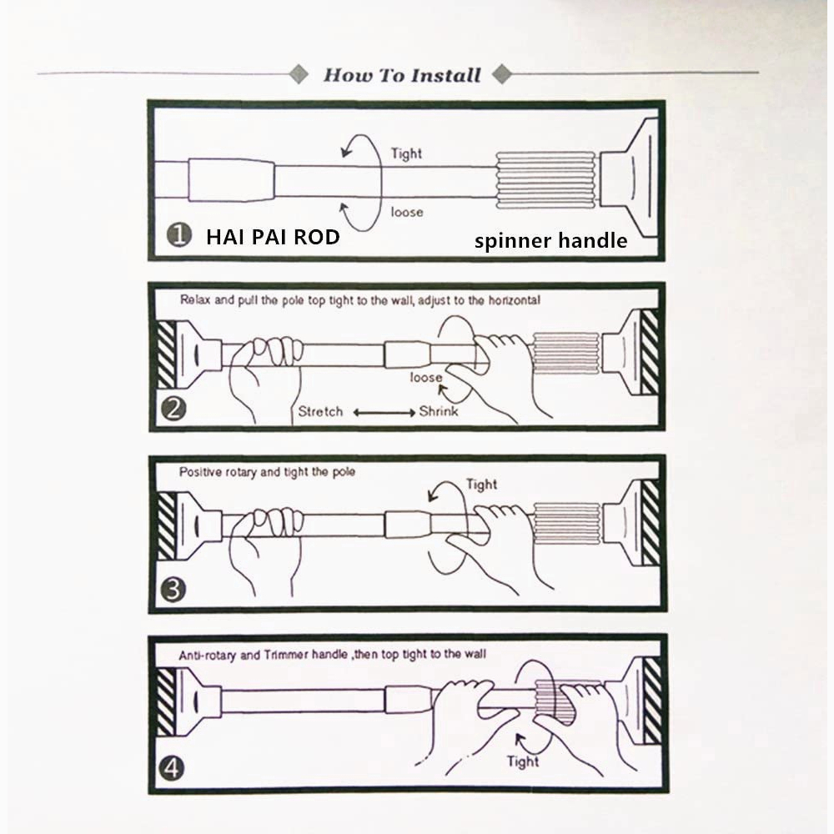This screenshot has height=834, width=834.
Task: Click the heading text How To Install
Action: click(402, 75)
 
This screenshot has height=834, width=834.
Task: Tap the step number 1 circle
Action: click(179, 234)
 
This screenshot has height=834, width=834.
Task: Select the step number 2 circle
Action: click(173, 409)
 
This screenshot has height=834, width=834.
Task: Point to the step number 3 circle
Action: click(173, 590)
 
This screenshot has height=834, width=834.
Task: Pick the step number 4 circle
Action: click(171, 769)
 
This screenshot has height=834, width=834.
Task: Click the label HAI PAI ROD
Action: click(273, 237)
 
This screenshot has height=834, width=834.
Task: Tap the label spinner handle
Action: click(550, 241)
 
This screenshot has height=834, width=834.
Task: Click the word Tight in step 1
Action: click(406, 153)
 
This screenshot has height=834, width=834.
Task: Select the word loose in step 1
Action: click(407, 212)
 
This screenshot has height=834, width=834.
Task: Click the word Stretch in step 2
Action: click(320, 412)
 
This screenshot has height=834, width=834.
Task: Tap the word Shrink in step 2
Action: click(439, 411)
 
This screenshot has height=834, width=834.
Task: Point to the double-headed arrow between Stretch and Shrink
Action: click(384, 413)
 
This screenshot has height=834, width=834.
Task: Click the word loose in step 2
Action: click(426, 378)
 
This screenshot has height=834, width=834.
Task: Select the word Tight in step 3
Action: click(481, 485)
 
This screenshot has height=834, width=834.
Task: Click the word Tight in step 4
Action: click(523, 761)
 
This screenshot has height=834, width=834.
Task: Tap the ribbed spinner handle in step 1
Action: click(545, 180)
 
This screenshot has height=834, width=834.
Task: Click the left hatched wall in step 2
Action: click(167, 354)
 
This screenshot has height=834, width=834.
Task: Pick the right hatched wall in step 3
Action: click(651, 522)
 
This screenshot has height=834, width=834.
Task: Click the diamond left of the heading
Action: click(299, 74)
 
